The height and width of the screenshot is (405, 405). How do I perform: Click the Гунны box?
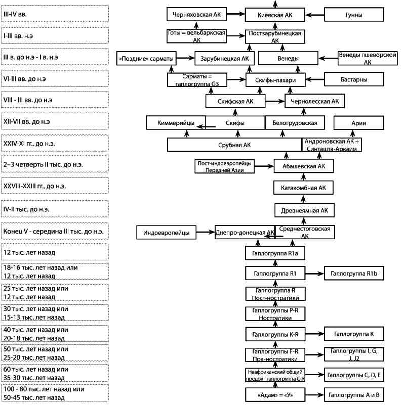click(354, 15)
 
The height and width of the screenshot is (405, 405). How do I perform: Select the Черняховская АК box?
click(196, 14)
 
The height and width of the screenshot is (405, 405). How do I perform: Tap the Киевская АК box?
click(275, 15)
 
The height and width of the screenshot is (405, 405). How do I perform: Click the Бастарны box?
click(354, 79)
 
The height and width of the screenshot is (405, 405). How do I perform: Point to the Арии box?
click(359, 123)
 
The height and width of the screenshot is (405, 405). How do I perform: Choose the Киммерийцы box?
click(176, 122)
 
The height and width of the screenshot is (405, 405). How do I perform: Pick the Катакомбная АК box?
click(303, 188)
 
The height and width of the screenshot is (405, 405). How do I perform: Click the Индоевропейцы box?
click(166, 232)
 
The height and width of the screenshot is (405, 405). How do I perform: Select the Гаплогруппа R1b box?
click(354, 273)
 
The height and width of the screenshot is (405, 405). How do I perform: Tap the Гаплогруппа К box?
click(354, 334)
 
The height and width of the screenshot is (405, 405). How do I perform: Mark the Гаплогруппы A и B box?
click(354, 395)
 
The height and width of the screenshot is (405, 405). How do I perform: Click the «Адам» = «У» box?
click(275, 395)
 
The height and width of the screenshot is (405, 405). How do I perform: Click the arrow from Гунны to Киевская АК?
click(315, 15)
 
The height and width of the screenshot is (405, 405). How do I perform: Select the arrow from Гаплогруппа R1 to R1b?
click(314, 273)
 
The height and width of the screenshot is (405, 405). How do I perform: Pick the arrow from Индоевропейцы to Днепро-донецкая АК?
click(206, 232)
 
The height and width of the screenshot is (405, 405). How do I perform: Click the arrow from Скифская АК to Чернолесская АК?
click(275, 101)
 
